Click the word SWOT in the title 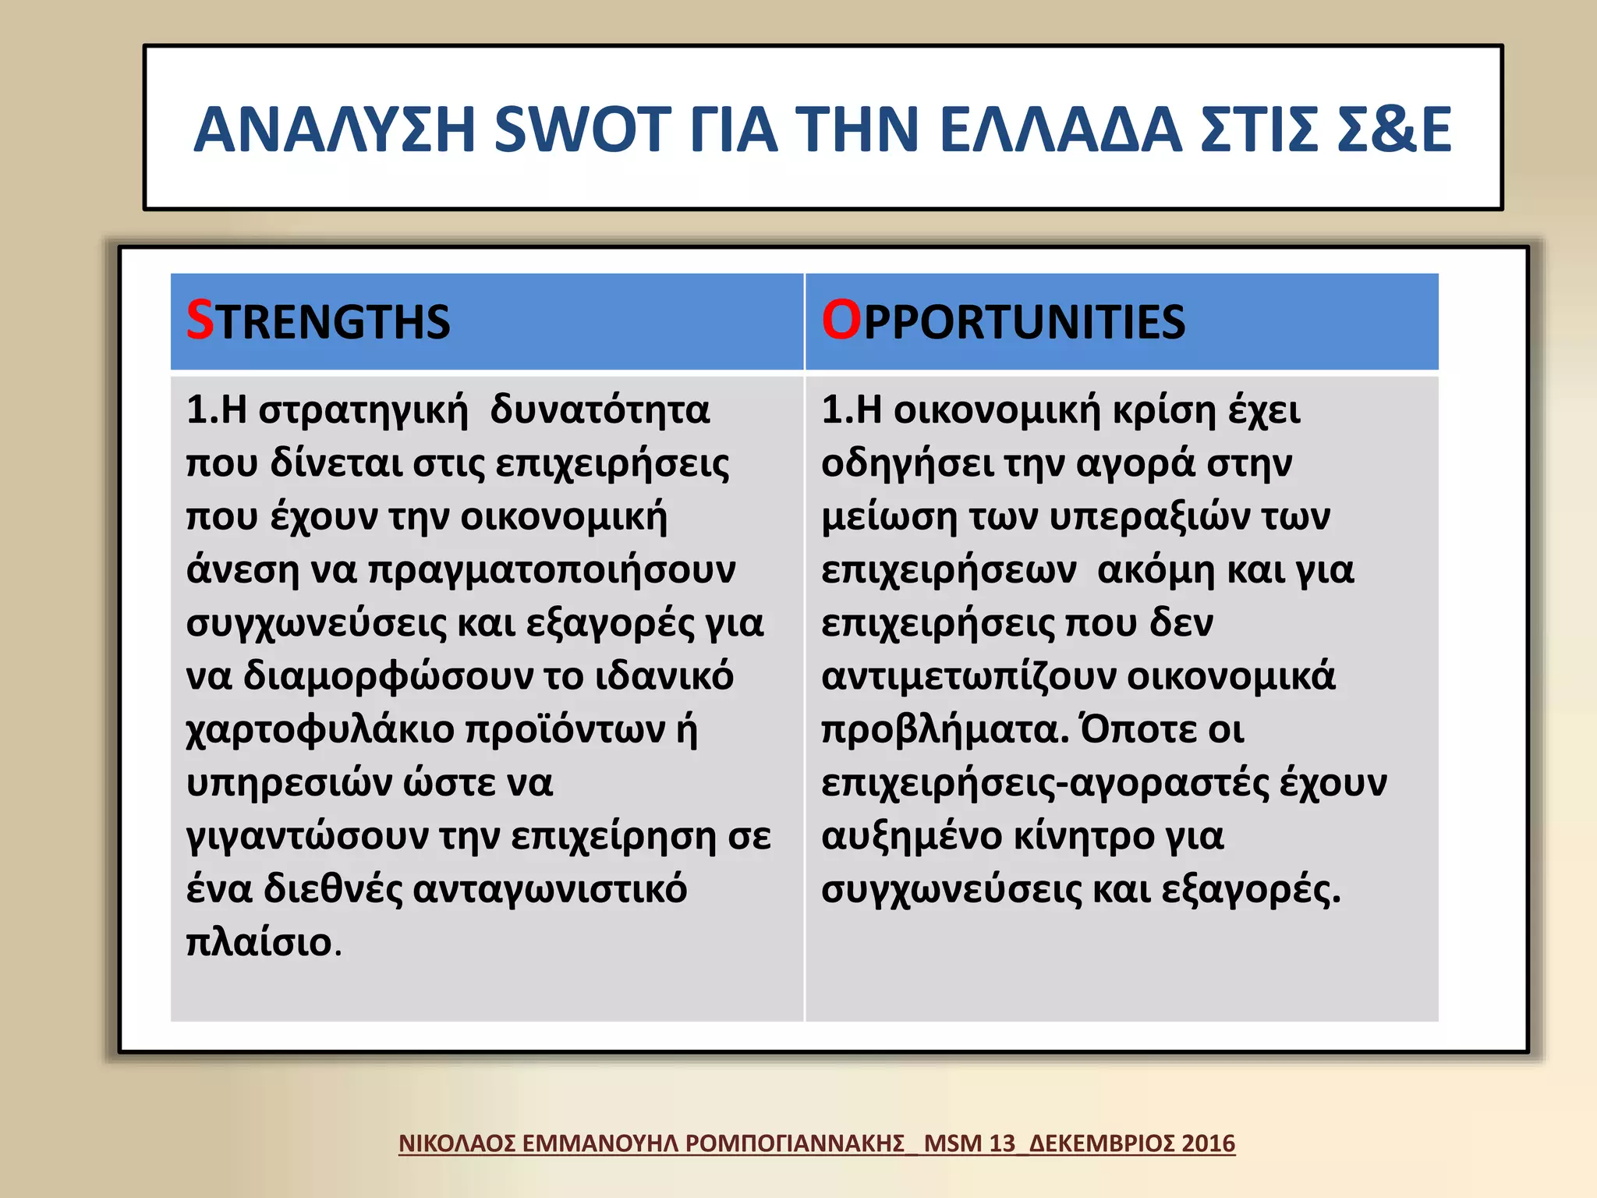[582, 129]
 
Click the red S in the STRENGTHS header [200, 320]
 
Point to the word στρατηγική [363, 410]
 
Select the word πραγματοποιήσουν [551, 570]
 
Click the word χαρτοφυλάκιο [320, 730]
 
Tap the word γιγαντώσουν [307, 837]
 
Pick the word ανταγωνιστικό [549, 890]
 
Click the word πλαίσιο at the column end [259, 943]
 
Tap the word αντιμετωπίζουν [968, 677]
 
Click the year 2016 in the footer [1208, 1143]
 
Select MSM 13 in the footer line [969, 1143]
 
